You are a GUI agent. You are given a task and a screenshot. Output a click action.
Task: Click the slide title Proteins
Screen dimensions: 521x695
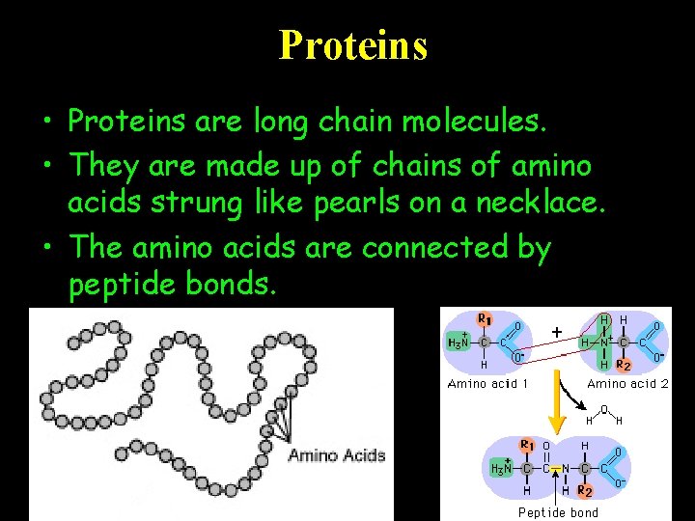tap(352, 44)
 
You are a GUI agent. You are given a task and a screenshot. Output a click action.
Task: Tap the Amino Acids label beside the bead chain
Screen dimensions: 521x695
tap(336, 455)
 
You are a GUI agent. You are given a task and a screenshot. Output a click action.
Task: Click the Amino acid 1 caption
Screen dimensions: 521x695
tap(487, 384)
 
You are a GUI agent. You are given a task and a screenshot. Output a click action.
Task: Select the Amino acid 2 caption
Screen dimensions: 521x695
tap(627, 384)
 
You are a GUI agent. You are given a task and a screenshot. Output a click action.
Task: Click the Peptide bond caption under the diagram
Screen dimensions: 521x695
tap(558, 512)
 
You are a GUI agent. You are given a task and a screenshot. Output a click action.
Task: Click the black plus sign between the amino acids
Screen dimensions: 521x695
tap(557, 331)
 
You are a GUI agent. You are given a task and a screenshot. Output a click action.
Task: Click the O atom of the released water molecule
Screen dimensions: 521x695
tap(603, 409)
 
